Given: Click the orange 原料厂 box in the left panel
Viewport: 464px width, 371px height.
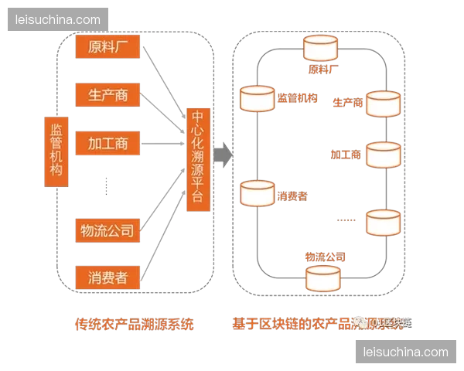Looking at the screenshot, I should pos(107,47).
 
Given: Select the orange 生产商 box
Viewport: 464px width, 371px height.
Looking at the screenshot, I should pos(107,94).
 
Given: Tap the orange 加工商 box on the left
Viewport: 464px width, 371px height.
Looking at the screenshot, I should pos(107,143).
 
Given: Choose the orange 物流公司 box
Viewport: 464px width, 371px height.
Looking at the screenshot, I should pos(107,230).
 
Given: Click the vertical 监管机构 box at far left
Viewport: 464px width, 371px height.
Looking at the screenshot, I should pos(57,151).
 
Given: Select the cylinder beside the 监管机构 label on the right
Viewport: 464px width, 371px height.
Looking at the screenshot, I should pos(258,99).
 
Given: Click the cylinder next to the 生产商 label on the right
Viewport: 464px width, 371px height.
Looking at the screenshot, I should pos(383,104).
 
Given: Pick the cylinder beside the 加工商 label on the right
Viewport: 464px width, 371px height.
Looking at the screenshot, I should pos(383,155).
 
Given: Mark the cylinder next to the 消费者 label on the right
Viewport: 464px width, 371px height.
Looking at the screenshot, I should pos(258,194).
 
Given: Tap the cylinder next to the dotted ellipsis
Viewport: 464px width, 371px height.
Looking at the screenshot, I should pos(383,223).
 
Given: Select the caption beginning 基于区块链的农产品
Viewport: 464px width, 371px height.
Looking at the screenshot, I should pos(309,325).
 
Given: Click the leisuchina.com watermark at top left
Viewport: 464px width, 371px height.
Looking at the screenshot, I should pos(58,19).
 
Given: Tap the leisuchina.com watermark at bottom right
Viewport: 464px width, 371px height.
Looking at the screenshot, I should pos(405,352).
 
